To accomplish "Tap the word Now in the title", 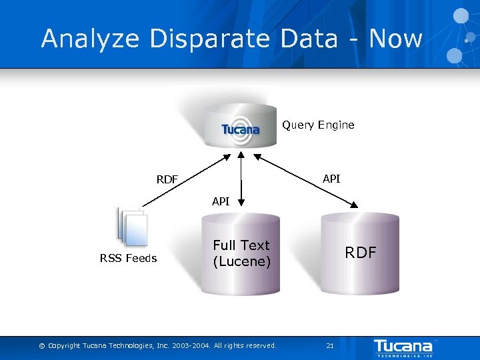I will coord(395,39).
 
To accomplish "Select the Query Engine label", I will coord(318,125).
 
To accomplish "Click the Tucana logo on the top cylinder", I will coord(241,129).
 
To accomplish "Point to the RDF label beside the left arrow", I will coord(167,179).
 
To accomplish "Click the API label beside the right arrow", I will coord(331,179).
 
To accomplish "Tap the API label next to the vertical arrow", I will coord(221,201).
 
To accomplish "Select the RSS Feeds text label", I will coord(129,259).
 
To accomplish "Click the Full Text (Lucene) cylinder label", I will coord(241,253).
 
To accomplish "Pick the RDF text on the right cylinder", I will coord(360,253).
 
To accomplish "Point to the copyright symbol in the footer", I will coord(42,346).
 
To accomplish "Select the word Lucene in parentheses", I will coord(241,262).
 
